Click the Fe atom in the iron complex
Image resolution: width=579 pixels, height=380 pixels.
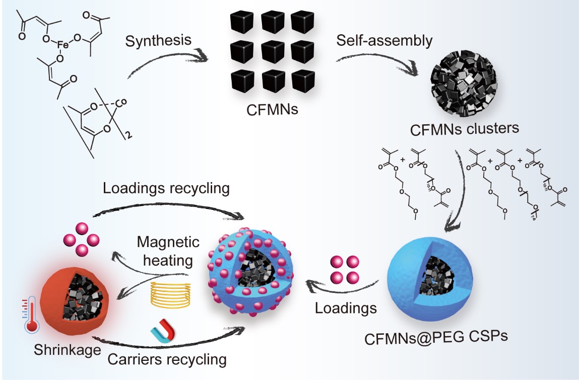point(62,44)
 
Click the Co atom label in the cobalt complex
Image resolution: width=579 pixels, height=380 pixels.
point(121,105)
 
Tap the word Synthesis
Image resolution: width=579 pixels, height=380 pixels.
point(158,39)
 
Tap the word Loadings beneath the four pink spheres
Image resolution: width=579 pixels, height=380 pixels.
point(346,307)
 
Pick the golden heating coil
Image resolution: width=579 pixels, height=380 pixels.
point(171,294)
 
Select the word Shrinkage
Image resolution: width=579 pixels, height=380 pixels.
point(66,350)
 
